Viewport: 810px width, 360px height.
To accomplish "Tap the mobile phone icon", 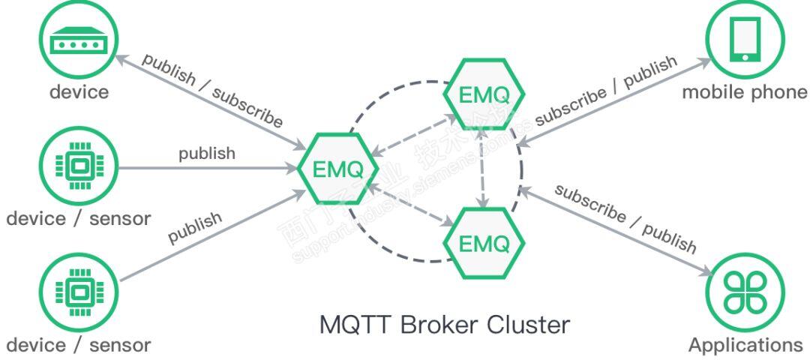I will (744, 41).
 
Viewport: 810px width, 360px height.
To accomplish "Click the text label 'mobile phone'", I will (744, 92).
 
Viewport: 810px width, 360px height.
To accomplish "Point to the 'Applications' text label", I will (745, 345).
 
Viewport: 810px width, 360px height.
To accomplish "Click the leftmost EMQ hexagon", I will (337, 169).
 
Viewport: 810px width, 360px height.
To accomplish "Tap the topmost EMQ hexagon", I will (484, 94).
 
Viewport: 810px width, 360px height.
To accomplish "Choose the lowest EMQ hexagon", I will (484, 243).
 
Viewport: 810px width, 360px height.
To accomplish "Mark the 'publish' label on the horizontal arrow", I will (206, 154).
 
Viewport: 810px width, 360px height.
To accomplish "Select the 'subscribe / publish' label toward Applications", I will (625, 217).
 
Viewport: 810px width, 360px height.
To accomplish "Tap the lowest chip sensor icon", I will (79, 291).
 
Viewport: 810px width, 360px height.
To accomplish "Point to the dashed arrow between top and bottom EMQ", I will (484, 169).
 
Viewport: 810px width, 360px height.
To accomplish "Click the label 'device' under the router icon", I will (79, 92).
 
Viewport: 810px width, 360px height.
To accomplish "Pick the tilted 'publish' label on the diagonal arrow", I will (195, 228).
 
